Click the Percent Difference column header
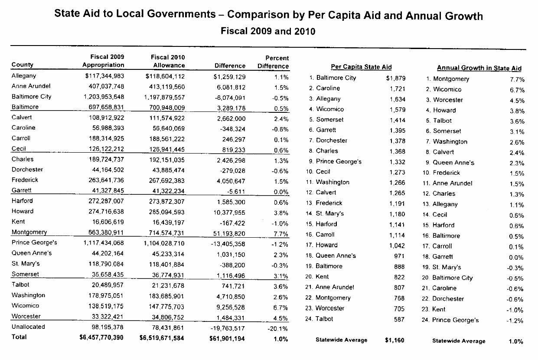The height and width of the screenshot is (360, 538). pyautogui.click(x=273, y=62)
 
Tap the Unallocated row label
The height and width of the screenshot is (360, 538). pyautogui.click(x=28, y=327)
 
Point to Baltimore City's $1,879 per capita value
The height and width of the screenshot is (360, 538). pyautogui.click(x=395, y=79)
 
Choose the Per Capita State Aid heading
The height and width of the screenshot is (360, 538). pyautogui.click(x=361, y=67)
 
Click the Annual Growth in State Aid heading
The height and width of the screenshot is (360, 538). pyautogui.click(x=479, y=68)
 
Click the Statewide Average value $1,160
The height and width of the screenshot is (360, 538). pyautogui.click(x=395, y=340)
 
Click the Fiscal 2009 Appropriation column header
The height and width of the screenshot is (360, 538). pyautogui.click(x=103, y=61)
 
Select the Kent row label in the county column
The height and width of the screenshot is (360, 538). pyautogui.click(x=18, y=222)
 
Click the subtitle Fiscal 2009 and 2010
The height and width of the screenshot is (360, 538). pyautogui.click(x=268, y=31)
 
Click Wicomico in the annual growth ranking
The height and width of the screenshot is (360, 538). pyautogui.click(x=447, y=89)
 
